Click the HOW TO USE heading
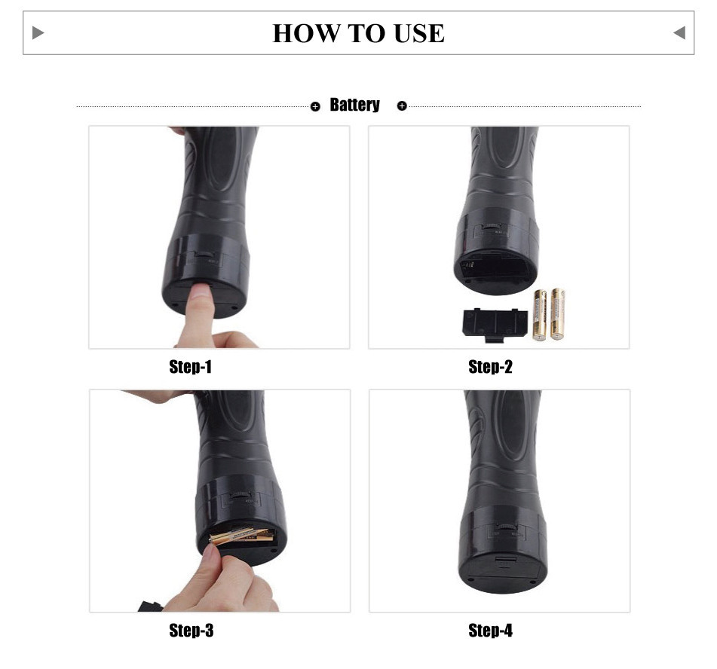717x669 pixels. [359, 33]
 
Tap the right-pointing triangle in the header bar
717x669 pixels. [38, 33]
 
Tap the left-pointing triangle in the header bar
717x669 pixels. [679, 33]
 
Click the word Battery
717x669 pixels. [355, 105]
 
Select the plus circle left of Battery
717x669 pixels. [315, 106]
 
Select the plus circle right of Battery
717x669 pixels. [402, 106]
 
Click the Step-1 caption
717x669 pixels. [190, 366]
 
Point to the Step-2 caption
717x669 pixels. [490, 366]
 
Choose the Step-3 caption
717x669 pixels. [192, 631]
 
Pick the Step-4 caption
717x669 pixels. [490, 631]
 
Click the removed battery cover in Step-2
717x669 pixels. [495, 324]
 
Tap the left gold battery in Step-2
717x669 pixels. [540, 316]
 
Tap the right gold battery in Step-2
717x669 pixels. [557, 314]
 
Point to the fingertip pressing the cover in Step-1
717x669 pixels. [201, 293]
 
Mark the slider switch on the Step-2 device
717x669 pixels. [492, 226]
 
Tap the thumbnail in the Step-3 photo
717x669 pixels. [211, 552]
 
